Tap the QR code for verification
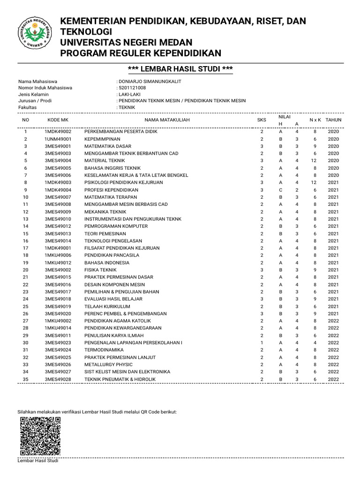[x=39, y=436]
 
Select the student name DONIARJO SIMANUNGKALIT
[x=150, y=81]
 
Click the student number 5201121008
[x=132, y=88]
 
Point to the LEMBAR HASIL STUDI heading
[x=180, y=69]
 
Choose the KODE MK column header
[x=58, y=120]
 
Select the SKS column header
[x=262, y=120]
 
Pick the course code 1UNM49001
[x=58, y=139]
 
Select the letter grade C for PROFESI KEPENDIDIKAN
[x=280, y=190]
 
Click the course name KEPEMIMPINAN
[x=102, y=139]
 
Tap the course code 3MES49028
[x=58, y=379]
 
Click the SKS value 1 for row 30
[x=262, y=343]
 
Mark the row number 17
[x=26, y=248]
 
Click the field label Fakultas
[x=27, y=107]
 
